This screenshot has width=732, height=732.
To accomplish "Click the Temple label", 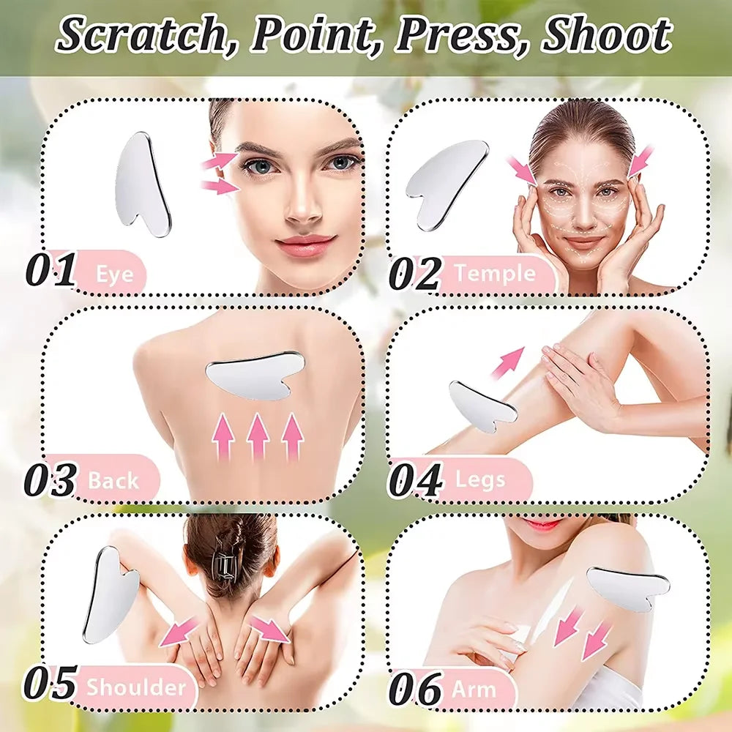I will pos(495,274).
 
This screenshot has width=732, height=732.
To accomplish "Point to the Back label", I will pos(113,481).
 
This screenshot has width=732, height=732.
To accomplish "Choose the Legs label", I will pos(480,480).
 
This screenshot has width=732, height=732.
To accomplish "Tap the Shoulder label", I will pos(136,688).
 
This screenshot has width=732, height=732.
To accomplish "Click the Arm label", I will pos(474,689).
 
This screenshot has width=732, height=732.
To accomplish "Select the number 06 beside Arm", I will pos(415,689).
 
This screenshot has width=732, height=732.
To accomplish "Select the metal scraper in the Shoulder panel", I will pos(110,594).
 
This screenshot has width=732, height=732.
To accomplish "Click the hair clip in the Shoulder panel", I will pos(226,564).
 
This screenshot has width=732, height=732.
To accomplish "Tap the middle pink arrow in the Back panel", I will pos(258,438).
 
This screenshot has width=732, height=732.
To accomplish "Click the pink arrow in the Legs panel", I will pos(508,363).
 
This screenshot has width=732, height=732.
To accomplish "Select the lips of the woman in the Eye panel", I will pos(305,244).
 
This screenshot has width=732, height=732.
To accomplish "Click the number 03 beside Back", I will pos(51,481).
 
